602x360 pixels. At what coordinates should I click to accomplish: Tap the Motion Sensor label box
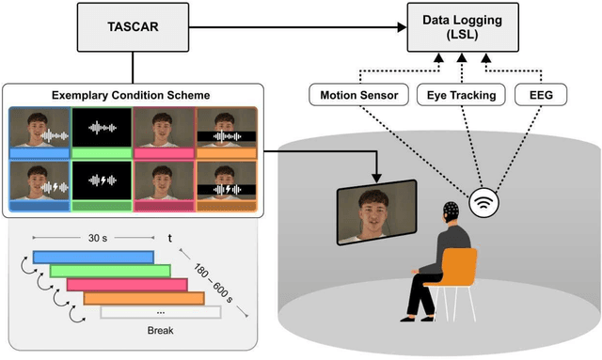357,95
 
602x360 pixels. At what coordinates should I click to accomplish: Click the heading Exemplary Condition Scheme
132,95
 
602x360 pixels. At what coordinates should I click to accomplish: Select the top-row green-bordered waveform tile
101,131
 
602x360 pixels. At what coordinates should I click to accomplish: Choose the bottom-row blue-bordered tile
40,183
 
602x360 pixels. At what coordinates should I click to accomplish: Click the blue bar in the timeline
92,257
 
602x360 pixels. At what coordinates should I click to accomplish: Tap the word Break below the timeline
159,329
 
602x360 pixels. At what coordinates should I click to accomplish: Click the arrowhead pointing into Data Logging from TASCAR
402,26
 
